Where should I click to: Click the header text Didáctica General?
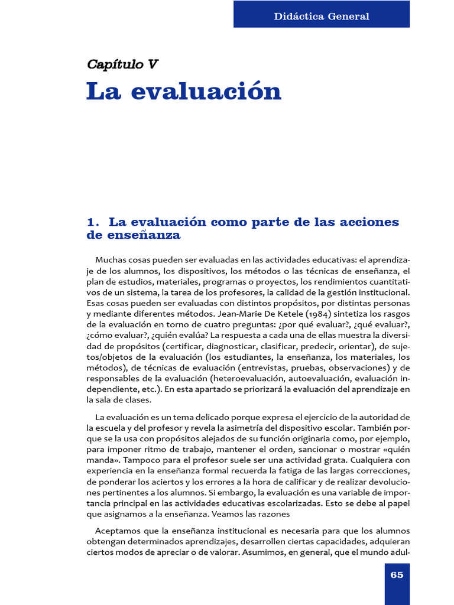point(322,16)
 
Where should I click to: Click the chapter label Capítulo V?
point(122,64)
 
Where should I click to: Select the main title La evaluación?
point(184,92)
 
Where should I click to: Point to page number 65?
point(397,574)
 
